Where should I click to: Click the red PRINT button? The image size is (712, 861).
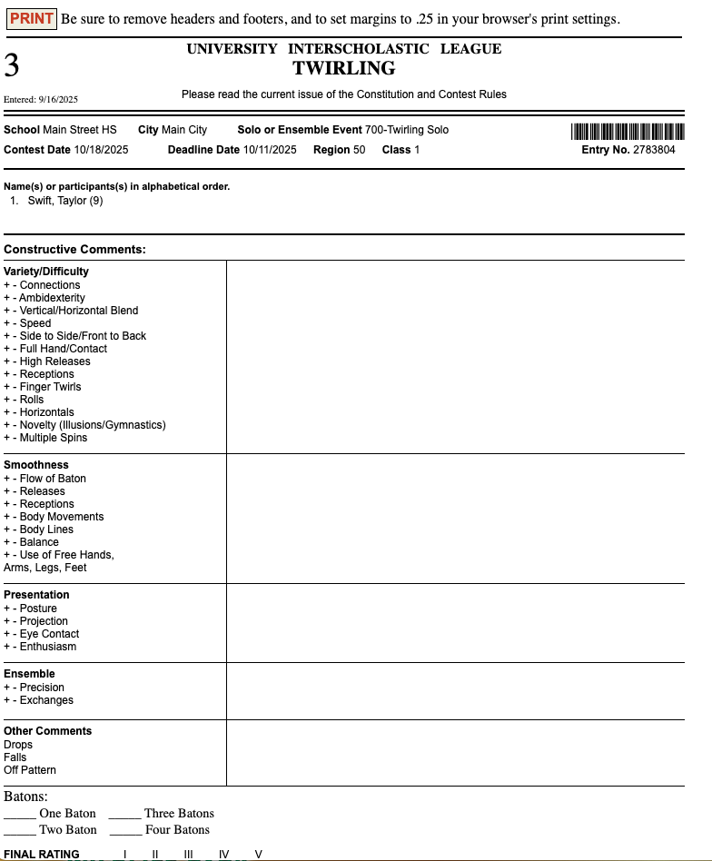click(x=32, y=19)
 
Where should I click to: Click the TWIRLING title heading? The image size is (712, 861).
click(x=343, y=68)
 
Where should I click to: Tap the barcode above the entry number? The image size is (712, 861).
click(x=627, y=131)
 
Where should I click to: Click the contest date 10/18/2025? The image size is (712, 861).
click(x=101, y=150)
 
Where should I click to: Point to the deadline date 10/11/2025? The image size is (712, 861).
click(x=270, y=150)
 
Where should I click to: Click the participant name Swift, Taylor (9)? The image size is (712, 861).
click(x=65, y=201)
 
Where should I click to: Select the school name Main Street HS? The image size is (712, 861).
click(x=80, y=130)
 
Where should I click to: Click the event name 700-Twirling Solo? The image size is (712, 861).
click(x=407, y=130)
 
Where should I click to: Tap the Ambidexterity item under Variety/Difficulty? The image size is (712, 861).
click(x=52, y=298)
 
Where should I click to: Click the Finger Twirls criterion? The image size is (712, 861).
click(x=50, y=387)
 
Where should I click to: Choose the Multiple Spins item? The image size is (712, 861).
click(x=54, y=438)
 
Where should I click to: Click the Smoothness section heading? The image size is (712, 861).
click(x=36, y=465)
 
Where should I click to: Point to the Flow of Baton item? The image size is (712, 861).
click(x=53, y=479)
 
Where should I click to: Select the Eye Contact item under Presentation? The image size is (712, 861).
click(x=49, y=634)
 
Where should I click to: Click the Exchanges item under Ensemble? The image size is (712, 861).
click(x=46, y=700)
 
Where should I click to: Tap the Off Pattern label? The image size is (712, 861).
click(x=30, y=770)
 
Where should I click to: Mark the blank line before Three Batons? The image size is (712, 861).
click(x=124, y=815)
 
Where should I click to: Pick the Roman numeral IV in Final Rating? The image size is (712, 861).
click(x=223, y=855)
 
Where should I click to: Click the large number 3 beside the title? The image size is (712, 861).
click(x=12, y=65)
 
